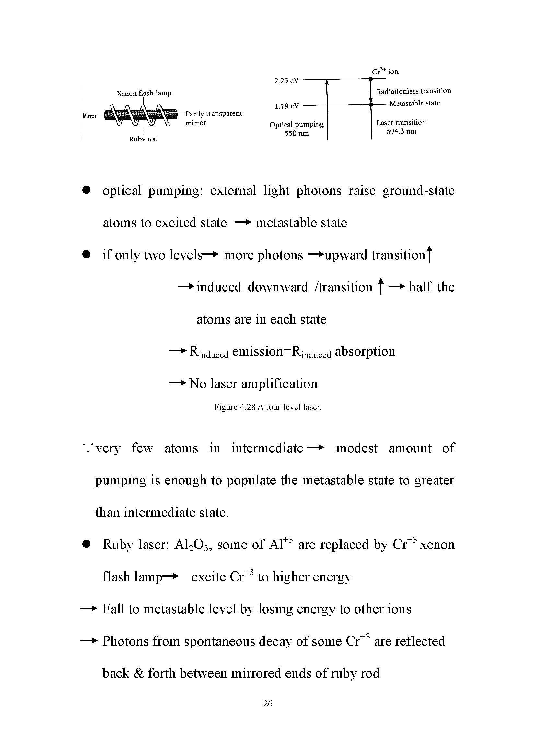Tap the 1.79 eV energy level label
coord(286,106)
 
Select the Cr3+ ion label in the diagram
coord(385,71)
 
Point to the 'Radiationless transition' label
coord(414,91)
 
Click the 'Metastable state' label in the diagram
coord(414,103)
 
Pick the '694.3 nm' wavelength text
coord(401,131)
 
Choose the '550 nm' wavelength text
coord(297,133)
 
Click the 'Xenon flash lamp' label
coord(144,93)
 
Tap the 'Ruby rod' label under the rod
coord(143,139)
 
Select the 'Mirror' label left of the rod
coord(89,116)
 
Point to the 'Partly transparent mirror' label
coord(214,118)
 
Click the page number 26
coord(268,703)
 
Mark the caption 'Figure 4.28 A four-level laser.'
coord(267,407)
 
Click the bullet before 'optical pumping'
coord(87,190)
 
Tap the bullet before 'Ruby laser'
coord(87,544)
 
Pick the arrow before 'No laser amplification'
coord(178,383)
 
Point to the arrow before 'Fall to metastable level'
coord(89,608)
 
